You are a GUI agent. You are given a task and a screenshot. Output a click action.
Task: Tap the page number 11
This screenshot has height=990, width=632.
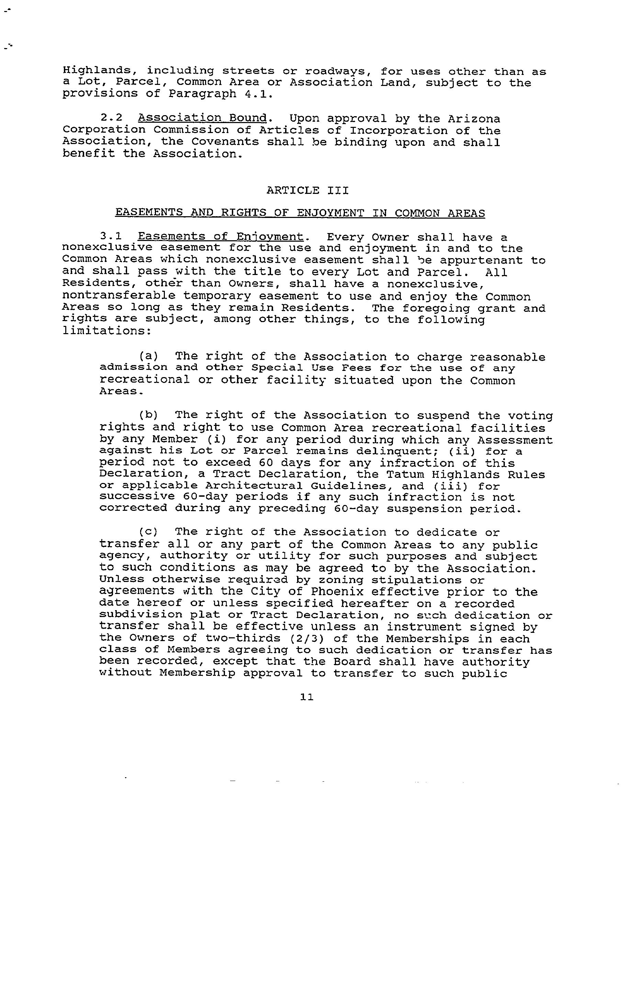(x=307, y=697)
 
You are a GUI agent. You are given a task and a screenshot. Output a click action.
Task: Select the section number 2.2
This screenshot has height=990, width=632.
(x=111, y=119)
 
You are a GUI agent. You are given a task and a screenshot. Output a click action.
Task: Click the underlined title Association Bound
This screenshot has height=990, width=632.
(x=202, y=118)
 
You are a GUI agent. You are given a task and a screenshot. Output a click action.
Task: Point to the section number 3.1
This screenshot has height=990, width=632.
(x=111, y=237)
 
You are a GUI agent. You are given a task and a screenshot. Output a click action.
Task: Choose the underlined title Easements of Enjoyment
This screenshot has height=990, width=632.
(x=220, y=237)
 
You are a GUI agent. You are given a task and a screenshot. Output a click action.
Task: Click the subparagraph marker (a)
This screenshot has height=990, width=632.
(x=148, y=356)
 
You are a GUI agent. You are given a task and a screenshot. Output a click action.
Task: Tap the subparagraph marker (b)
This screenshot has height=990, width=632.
(x=148, y=415)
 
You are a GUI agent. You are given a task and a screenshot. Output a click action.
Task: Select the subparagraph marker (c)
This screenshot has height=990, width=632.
(x=148, y=532)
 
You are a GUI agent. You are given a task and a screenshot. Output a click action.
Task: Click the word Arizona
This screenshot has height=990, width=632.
(x=474, y=119)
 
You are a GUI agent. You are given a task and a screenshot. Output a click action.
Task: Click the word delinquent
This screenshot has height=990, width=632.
(x=397, y=451)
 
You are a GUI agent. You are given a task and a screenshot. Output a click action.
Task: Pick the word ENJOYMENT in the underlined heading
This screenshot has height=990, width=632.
(x=330, y=213)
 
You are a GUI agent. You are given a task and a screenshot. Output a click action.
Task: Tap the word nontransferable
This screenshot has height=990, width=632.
(x=118, y=296)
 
